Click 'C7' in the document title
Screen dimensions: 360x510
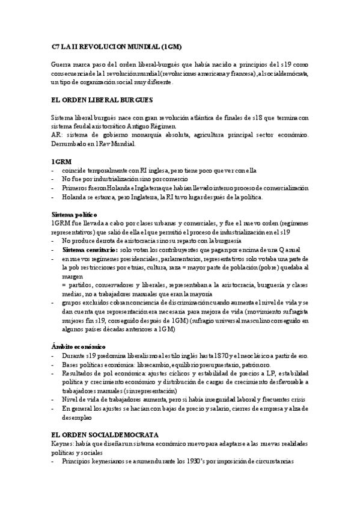[x=55, y=46]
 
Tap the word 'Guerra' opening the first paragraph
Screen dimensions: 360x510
[x=63, y=64]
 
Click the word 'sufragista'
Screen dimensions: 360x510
[x=294, y=313]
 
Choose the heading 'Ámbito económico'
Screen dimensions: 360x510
[x=79, y=347]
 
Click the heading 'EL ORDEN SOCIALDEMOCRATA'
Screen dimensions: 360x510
[x=105, y=434]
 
